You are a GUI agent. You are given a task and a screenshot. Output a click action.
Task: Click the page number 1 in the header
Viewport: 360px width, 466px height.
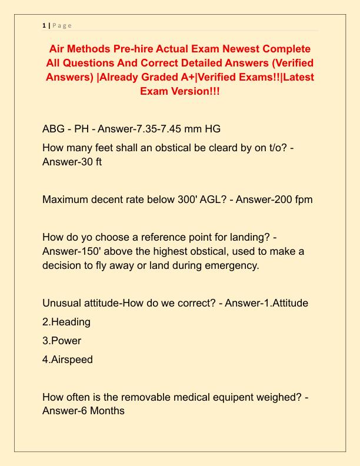(44, 25)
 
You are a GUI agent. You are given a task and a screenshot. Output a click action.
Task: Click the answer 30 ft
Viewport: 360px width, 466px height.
(89, 161)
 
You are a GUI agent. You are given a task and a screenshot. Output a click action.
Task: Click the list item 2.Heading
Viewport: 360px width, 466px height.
(66, 322)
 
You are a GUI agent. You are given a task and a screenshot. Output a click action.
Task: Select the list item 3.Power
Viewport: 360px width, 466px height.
(62, 340)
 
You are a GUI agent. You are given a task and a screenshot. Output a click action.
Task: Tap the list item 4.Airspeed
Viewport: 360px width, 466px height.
(68, 359)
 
